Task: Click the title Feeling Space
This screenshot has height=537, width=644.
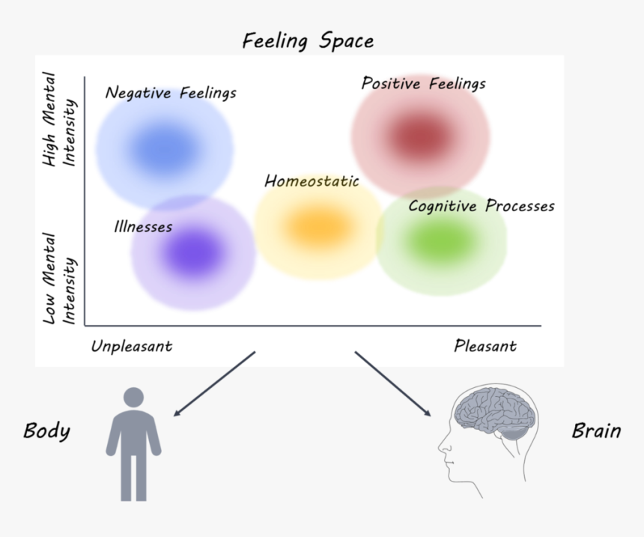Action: (308, 40)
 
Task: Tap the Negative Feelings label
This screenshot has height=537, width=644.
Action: (171, 93)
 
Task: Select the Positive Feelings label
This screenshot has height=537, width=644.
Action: (423, 83)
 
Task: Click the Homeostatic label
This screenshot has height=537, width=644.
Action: (312, 181)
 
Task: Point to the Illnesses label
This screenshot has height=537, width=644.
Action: (143, 226)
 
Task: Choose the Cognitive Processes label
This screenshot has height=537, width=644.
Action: (481, 206)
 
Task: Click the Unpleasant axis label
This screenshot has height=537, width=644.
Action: (132, 346)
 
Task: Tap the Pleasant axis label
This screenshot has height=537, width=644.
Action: (484, 346)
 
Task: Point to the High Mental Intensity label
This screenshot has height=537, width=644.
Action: (59, 118)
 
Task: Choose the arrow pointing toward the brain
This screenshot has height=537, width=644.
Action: (393, 383)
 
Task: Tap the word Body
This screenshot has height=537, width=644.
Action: (46, 431)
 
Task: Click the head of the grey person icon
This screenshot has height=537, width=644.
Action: (133, 398)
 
